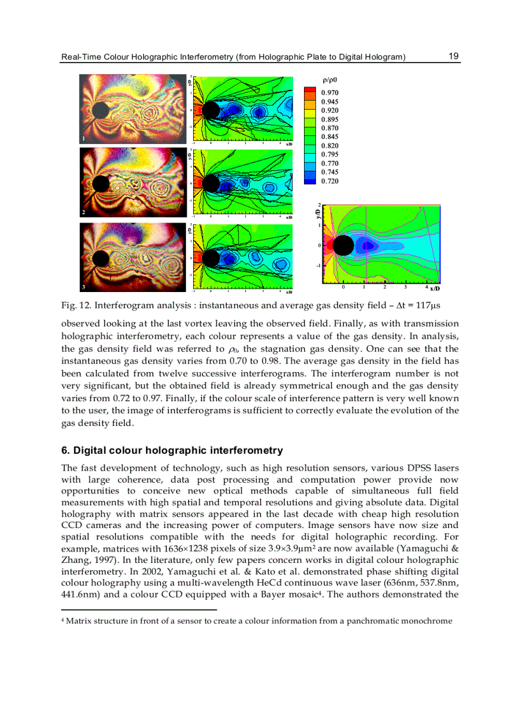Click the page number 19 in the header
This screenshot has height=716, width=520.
pyautogui.click(x=454, y=56)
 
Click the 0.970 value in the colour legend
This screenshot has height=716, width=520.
pyautogui.click(x=329, y=93)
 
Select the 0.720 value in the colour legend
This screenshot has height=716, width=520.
pyautogui.click(x=329, y=182)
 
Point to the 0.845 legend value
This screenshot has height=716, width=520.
pyautogui.click(x=329, y=137)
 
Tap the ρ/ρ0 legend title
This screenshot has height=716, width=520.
pyautogui.click(x=330, y=80)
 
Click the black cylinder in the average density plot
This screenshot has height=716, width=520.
pyautogui.click(x=343, y=245)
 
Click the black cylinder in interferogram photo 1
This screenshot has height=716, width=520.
pyautogui.click(x=100, y=110)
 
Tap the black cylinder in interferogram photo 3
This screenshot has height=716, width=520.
pyautogui.click(x=100, y=258)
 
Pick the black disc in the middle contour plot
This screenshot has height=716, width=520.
pyautogui.click(x=210, y=185)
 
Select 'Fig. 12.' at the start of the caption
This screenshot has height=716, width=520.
pyautogui.click(x=74, y=306)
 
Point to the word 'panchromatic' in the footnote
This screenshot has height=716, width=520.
pyautogui.click(x=372, y=621)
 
